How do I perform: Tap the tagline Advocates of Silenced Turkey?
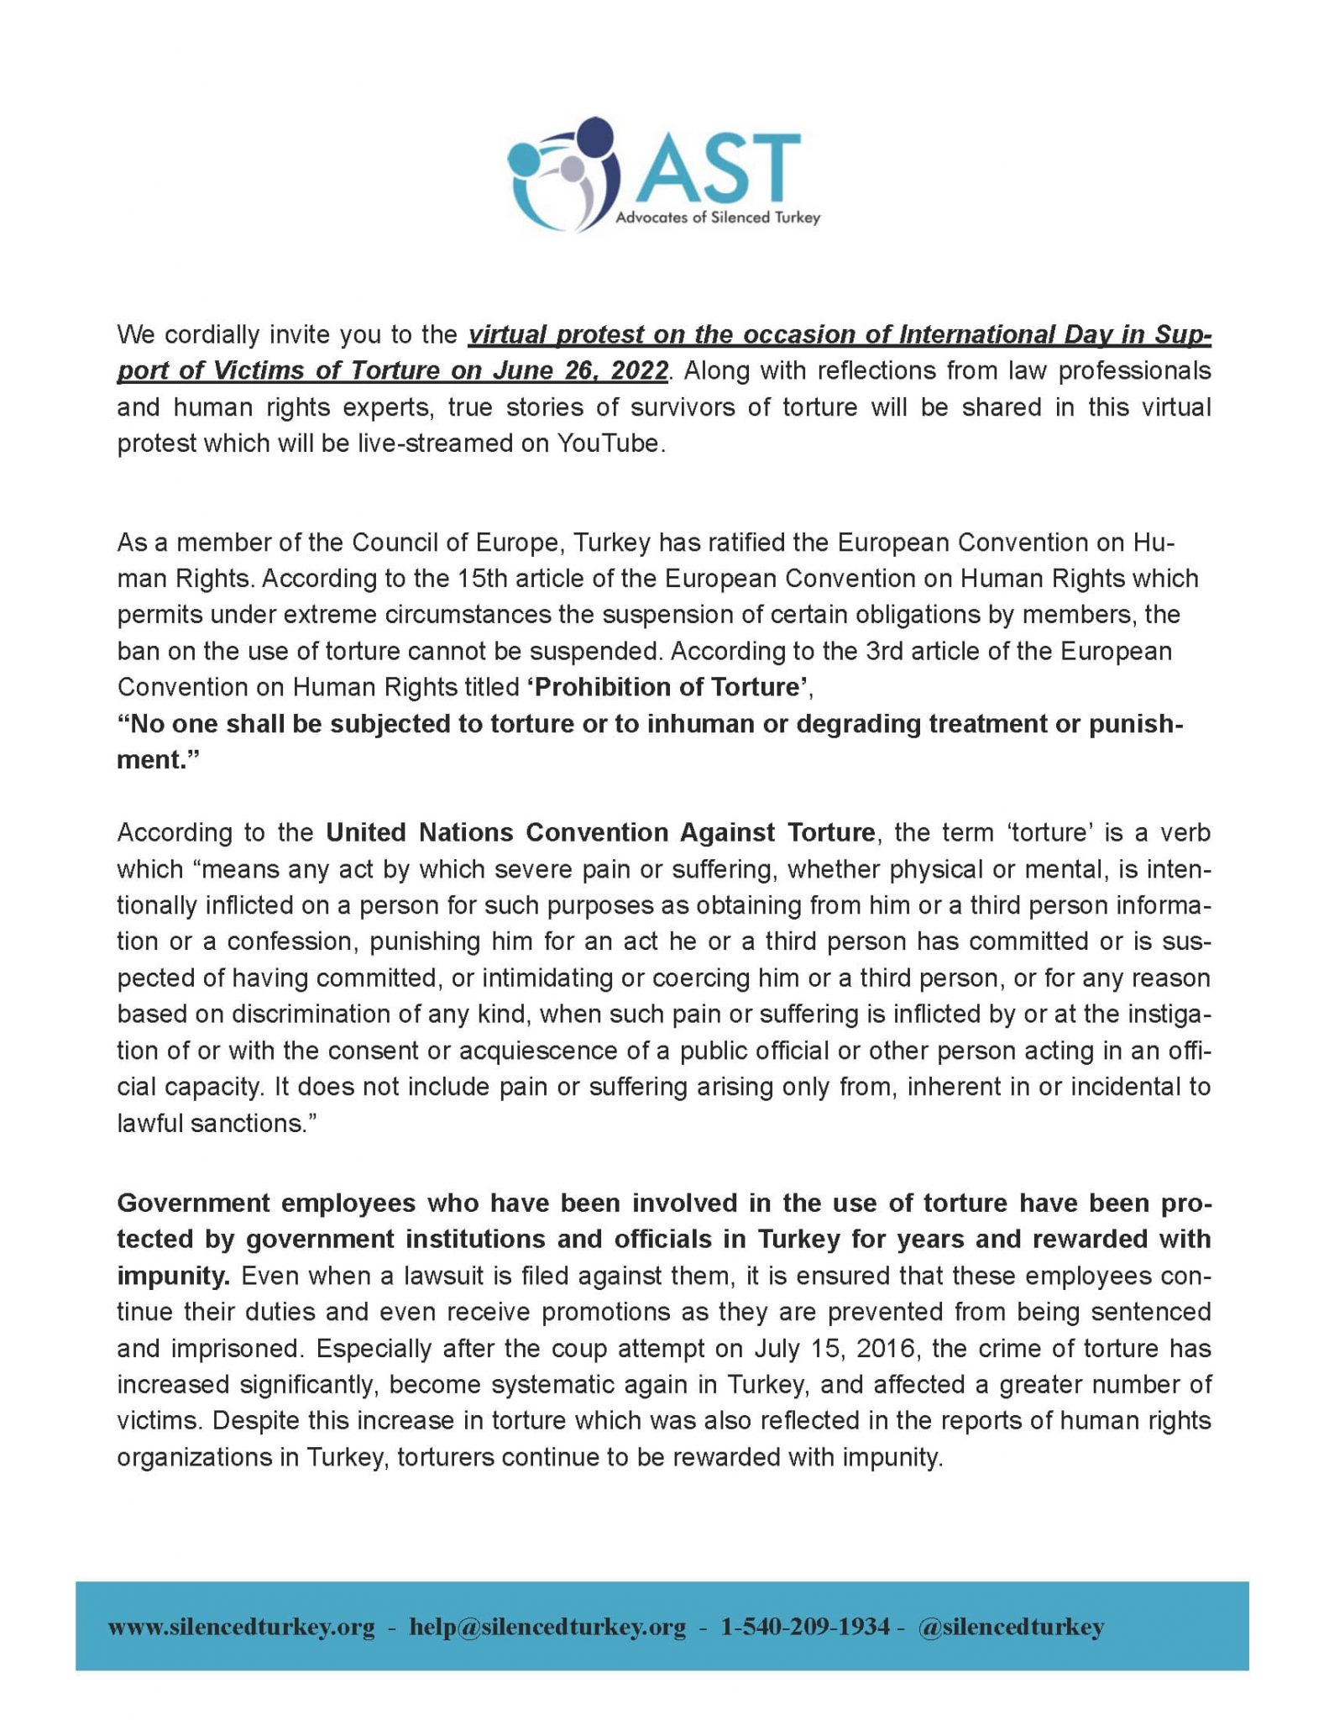pyautogui.click(x=718, y=218)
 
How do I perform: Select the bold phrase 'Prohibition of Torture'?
pyautogui.click(x=668, y=687)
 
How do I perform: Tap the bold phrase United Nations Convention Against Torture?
pyautogui.click(x=600, y=832)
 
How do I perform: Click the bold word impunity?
pyautogui.click(x=173, y=1276)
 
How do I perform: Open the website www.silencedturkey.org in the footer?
pyautogui.click(x=242, y=1627)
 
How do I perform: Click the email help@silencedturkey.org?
pyautogui.click(x=547, y=1627)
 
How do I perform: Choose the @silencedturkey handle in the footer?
pyautogui.click(x=1011, y=1627)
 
